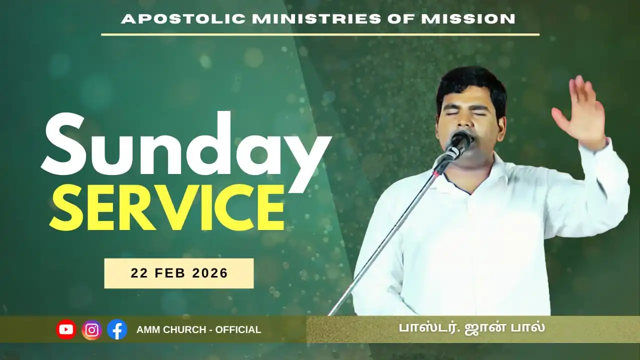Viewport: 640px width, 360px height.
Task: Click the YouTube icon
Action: tap(66, 329)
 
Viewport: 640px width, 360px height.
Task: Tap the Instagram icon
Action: tap(91, 329)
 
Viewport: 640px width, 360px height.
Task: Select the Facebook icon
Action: tap(117, 329)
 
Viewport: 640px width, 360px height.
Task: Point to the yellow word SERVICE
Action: tap(167, 207)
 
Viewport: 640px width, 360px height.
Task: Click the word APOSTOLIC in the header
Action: tap(183, 19)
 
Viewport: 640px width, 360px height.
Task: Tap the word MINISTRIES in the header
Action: tap(317, 19)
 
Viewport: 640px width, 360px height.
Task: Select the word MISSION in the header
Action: tap(468, 19)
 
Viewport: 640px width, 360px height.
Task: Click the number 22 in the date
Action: tap(139, 273)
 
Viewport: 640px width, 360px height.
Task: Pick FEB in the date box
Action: tap(170, 273)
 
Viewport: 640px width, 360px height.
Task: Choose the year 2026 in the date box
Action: tap(210, 273)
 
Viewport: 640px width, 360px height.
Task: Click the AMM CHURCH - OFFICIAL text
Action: tap(199, 329)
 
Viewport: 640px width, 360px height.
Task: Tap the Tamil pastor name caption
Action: tap(472, 328)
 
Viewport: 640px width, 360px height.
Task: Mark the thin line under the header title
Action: tap(320, 35)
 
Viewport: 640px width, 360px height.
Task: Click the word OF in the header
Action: tap(401, 19)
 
